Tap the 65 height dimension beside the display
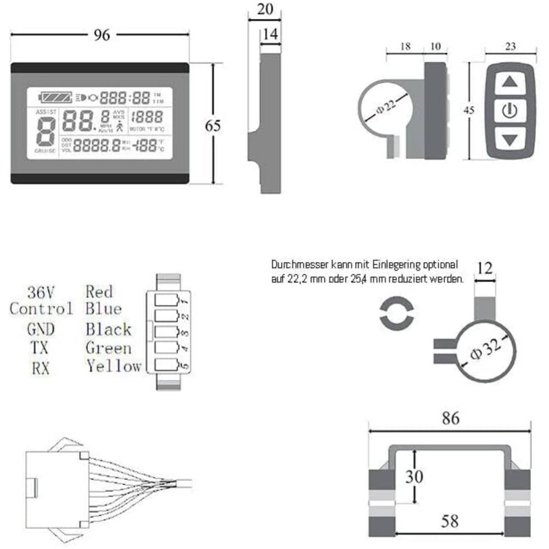click(x=212, y=125)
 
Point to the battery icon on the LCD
click(x=54, y=98)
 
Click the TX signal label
click(x=38, y=348)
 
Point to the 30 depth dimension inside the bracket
click(x=415, y=476)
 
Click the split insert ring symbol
click(x=395, y=314)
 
